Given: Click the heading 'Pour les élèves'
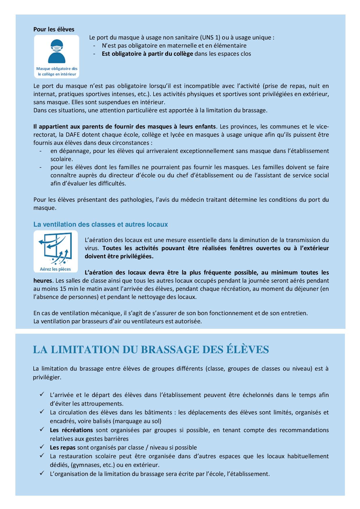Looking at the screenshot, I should [54, 29].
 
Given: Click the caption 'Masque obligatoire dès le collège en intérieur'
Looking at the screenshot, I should [57, 71].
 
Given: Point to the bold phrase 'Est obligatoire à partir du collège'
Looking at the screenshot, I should [147, 54].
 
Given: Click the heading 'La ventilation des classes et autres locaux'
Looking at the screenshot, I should [100, 224].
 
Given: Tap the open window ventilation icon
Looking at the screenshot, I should [56, 248].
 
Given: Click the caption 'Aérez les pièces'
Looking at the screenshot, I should [55, 269].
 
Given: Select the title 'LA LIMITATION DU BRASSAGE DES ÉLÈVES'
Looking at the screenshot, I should [151, 350].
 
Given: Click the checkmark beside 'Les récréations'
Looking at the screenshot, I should [42, 429].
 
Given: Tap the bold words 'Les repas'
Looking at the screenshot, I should [63, 447].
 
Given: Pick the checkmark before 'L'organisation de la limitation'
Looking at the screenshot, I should [42, 473].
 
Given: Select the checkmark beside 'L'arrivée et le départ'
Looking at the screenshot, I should [42, 394].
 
